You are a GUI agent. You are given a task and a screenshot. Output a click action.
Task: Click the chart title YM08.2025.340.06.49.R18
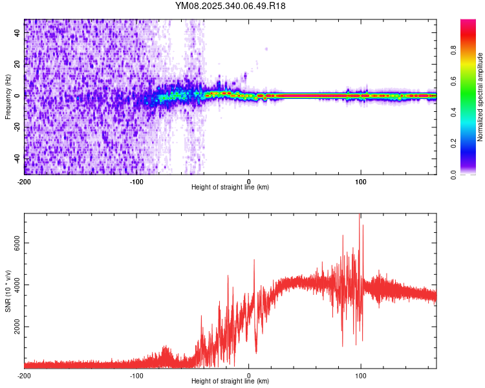(x=231, y=6)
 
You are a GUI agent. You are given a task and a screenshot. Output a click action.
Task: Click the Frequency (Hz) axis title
(x=8, y=97)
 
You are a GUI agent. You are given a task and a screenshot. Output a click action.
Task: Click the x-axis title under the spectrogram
(x=230, y=188)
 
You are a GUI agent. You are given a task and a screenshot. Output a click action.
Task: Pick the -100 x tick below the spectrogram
(x=136, y=182)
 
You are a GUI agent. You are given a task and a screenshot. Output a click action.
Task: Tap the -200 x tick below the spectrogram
(x=25, y=182)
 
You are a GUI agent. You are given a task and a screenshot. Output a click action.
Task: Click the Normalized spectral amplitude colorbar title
(x=480, y=97)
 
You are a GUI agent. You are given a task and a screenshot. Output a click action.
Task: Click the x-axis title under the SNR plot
(x=230, y=382)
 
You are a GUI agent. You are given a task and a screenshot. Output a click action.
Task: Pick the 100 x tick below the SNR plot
(x=361, y=375)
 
